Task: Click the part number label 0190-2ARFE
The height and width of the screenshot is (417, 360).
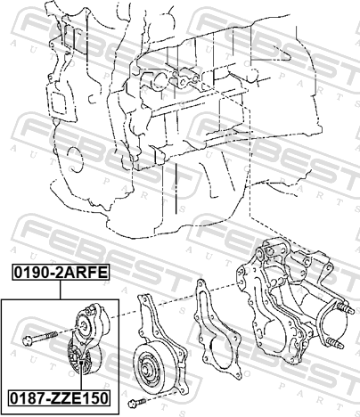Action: tap(61, 273)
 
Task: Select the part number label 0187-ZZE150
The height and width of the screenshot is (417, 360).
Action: tap(60, 398)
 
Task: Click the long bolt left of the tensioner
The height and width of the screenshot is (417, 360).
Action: tap(40, 339)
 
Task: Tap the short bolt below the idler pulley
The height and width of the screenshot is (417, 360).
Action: tap(136, 403)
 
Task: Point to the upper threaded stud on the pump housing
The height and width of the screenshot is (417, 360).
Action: tap(345, 307)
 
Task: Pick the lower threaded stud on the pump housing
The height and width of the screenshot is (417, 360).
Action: tap(335, 343)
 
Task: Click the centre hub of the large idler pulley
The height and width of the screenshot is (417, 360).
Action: tap(147, 371)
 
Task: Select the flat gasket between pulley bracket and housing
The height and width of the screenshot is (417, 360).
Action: tap(217, 328)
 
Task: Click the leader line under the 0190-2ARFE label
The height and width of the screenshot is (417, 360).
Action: tap(61, 290)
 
